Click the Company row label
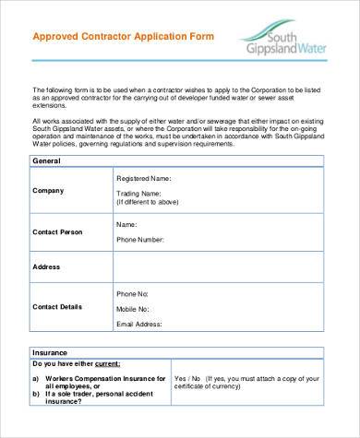48,191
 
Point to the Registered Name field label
144,178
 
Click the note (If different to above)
147,202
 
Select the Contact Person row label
57,231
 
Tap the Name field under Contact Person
126,224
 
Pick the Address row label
46,266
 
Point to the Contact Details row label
57,306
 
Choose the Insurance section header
50,352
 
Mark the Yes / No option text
188,379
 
